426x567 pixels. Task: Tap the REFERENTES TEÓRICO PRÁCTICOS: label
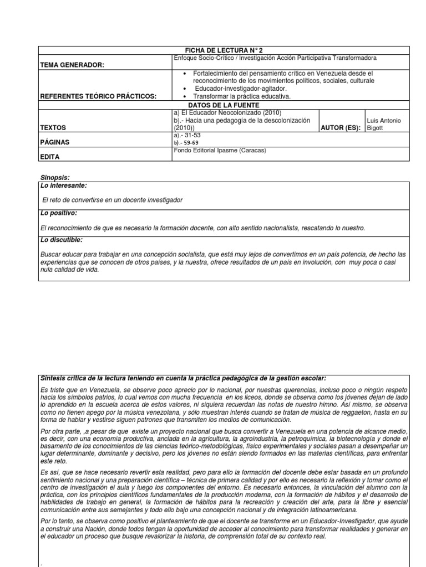click(98, 96)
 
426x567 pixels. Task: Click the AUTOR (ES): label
click(341, 127)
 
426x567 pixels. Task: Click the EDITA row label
click(50, 157)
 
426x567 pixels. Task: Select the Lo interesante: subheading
click(63, 185)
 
